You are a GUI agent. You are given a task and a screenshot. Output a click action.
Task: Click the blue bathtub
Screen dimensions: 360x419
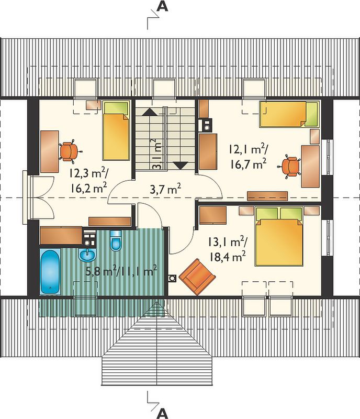50,271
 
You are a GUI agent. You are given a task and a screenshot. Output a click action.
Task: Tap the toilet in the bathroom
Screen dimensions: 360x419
116,240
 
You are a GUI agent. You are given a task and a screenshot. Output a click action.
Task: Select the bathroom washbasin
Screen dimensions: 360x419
87,255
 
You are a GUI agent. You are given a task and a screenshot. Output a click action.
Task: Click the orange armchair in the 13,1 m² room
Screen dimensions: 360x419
197,277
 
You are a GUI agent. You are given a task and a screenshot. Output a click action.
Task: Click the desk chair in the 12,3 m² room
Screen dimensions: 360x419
70,151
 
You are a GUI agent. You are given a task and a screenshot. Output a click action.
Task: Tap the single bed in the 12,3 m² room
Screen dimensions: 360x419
116,130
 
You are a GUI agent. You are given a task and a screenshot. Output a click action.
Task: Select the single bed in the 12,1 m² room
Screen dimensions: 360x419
289,114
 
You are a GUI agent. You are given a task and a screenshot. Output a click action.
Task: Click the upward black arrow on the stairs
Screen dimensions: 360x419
151,112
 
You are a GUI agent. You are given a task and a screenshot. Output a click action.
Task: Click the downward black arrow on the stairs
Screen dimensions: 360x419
181,166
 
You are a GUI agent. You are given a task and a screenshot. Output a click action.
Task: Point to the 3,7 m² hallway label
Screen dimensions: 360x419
165,190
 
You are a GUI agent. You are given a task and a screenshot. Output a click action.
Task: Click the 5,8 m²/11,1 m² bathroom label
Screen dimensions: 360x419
121,271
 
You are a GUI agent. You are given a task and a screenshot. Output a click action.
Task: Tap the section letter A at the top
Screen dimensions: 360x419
162,6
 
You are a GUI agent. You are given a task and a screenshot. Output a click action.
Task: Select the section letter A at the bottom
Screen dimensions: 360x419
162,413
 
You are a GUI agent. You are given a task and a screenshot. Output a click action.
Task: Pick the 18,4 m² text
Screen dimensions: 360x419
228,257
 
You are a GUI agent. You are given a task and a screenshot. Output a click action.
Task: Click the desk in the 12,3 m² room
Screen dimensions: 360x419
49,151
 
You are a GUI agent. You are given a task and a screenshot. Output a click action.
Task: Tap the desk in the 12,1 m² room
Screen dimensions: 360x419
310,166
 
